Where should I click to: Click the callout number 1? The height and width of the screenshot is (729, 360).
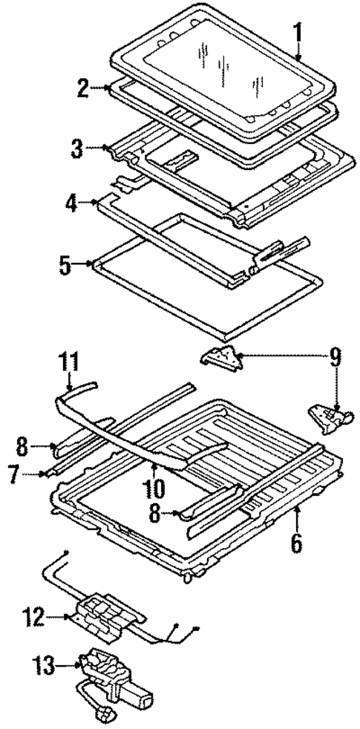[x=298, y=34]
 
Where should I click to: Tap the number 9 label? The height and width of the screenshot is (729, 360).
[x=335, y=356]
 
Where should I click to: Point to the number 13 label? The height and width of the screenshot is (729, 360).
[x=46, y=667]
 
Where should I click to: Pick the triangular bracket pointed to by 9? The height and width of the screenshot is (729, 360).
[x=220, y=360]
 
